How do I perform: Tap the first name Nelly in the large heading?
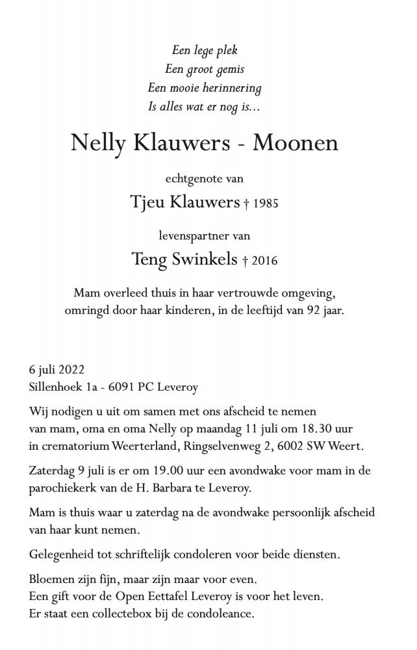[97, 143]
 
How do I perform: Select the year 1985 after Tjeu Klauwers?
[266, 204]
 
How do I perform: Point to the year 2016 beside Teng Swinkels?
[264, 261]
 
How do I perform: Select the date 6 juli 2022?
[57, 370]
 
